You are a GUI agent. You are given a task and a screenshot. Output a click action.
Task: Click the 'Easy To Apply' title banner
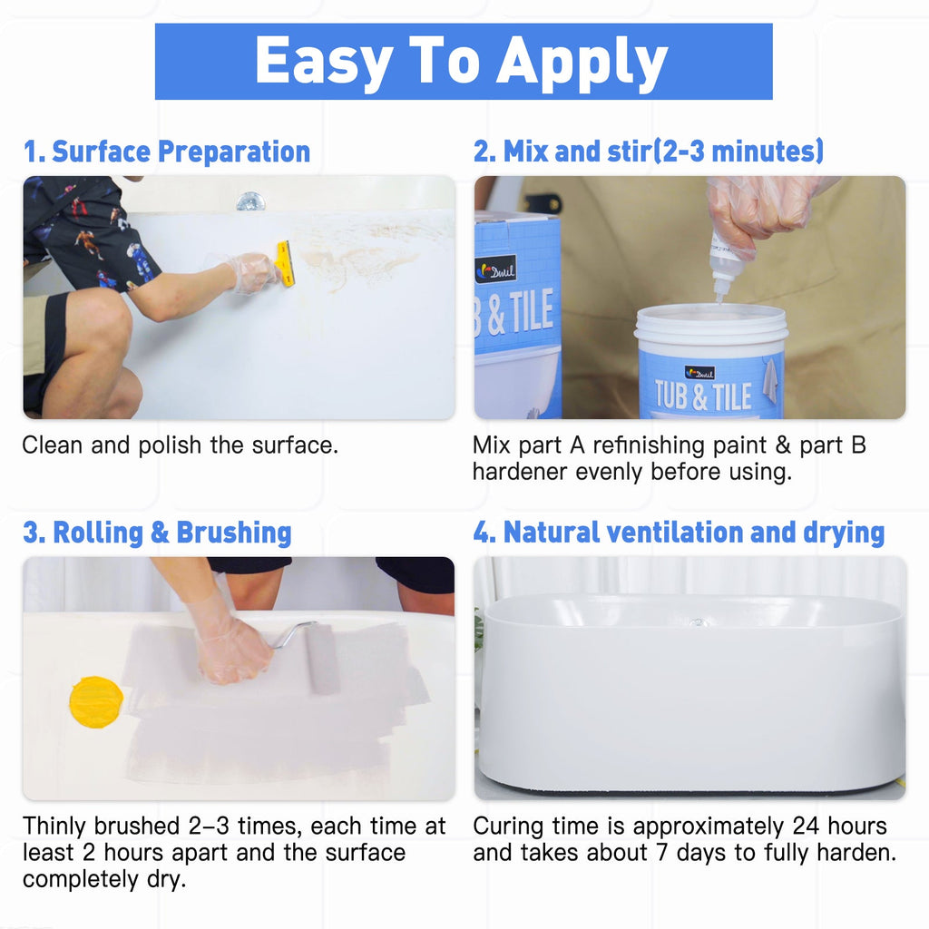point(463,62)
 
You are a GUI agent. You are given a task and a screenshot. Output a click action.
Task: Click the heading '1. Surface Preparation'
point(167,152)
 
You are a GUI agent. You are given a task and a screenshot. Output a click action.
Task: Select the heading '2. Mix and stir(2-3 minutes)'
point(648,152)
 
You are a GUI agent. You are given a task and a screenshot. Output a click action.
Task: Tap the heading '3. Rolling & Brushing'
point(157,533)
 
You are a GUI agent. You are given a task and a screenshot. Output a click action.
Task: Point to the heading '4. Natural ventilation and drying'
point(678,533)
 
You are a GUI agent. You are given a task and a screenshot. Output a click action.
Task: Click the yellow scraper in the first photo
point(285,264)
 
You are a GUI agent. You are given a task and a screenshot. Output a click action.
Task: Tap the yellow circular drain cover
point(96,701)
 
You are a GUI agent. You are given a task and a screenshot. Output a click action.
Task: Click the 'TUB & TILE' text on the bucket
point(704,396)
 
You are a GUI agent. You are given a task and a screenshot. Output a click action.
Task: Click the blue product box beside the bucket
point(517,313)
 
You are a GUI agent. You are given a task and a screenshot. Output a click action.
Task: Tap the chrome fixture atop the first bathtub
point(249,200)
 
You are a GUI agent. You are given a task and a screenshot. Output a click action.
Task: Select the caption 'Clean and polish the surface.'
point(180,445)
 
